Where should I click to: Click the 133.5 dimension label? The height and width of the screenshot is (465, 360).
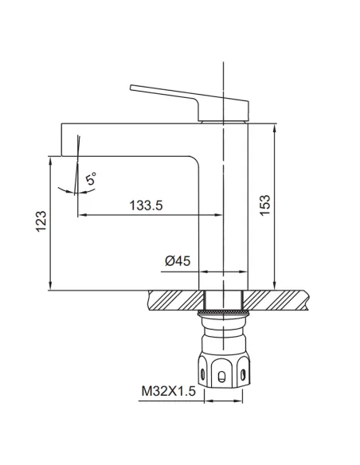(147, 205)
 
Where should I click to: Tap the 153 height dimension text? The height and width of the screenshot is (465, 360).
(265, 205)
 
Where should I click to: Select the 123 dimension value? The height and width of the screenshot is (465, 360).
(41, 221)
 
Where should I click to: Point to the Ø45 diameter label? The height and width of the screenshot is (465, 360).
(178, 261)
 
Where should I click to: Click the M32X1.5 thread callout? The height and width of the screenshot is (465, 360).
(168, 391)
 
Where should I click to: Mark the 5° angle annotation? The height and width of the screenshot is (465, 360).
(91, 179)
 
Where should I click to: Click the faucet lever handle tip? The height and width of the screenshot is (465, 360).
(131, 88)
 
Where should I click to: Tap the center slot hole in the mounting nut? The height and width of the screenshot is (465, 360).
(221, 377)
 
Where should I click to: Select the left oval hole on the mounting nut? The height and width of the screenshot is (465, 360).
(203, 374)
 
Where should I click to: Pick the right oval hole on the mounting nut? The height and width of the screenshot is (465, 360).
(243, 374)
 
